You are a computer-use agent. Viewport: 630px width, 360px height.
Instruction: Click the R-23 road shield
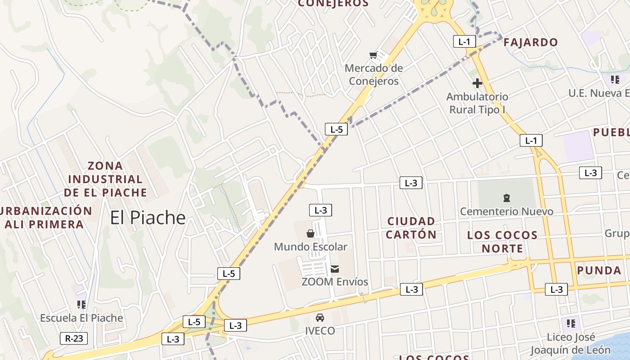74,338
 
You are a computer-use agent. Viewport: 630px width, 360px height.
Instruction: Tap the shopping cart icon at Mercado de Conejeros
373,55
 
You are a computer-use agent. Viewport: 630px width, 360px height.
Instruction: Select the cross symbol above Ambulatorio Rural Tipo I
477,83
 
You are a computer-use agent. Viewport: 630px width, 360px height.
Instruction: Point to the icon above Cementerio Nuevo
507,198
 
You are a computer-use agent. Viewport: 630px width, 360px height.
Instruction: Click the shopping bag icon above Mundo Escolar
310,233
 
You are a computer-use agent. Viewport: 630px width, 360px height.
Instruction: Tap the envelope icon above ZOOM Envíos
335,269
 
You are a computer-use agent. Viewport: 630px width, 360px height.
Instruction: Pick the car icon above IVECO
320,318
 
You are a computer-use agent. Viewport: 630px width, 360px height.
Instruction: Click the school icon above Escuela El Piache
81,305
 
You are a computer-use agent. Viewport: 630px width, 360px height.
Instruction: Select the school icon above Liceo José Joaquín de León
571,323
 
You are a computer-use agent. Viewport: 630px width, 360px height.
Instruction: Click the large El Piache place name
148,218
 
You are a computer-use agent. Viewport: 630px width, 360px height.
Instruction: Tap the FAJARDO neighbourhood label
531,43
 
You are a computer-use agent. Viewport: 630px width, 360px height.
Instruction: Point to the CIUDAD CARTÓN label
411,228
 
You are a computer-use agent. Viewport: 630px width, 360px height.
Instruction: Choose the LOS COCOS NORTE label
502,242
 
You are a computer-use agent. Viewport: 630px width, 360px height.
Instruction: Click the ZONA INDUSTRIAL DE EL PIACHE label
105,179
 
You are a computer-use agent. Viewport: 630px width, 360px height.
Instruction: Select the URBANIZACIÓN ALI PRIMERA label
45,217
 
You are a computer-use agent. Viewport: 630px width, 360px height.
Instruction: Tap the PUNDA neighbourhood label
599,270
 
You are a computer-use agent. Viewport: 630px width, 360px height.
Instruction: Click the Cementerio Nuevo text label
507,211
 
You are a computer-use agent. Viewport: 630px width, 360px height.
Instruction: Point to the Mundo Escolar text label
310,247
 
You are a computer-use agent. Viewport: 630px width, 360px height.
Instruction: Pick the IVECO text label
320,331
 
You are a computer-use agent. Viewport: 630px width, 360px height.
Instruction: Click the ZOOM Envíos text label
335,282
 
